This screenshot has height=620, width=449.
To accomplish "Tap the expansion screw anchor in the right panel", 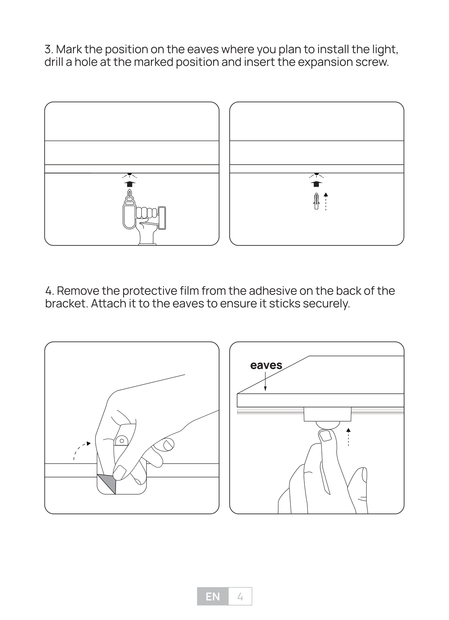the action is pyautogui.click(x=316, y=201).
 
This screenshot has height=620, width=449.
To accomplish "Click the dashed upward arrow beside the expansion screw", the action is pyautogui.click(x=326, y=202).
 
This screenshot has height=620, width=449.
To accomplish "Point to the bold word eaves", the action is pyautogui.click(x=266, y=366).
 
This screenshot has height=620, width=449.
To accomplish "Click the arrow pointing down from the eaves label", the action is pyautogui.click(x=265, y=381).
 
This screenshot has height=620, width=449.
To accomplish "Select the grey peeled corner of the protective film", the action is pyautogui.click(x=106, y=484).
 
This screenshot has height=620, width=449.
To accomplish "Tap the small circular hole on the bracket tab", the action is pyautogui.click(x=122, y=441).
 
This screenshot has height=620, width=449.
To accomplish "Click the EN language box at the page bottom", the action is pyautogui.click(x=213, y=597).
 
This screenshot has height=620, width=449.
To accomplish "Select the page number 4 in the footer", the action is pyautogui.click(x=240, y=597).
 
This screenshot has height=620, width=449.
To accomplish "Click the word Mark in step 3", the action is pyautogui.click(x=69, y=49).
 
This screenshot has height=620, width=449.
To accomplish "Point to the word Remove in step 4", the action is pyautogui.click(x=78, y=291).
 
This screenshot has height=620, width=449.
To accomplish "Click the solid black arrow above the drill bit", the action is pyautogui.click(x=130, y=184).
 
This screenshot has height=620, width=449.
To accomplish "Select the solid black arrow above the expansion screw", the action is pyautogui.click(x=316, y=184).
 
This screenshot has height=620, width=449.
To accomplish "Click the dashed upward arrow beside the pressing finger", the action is pyautogui.click(x=348, y=437).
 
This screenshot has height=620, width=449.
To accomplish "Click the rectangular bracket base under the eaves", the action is pyautogui.click(x=328, y=414).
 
